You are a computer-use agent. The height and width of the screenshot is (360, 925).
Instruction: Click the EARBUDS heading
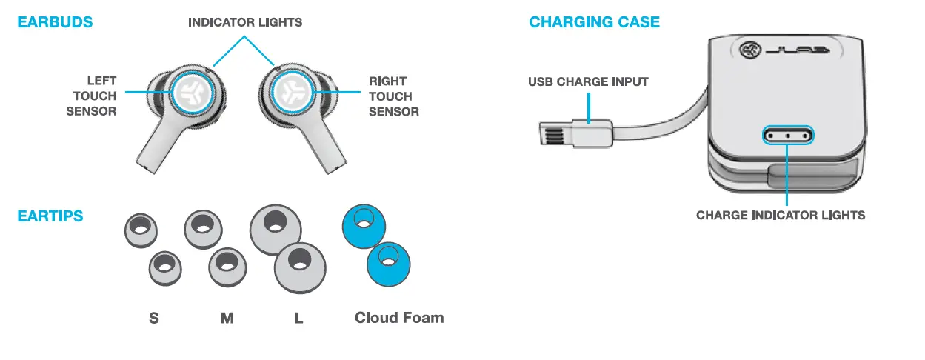click(55, 22)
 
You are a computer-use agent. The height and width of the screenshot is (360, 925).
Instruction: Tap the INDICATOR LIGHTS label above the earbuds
click(245, 22)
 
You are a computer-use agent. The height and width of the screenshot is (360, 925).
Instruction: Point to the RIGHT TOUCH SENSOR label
click(393, 96)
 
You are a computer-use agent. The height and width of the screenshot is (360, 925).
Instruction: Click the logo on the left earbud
click(194, 92)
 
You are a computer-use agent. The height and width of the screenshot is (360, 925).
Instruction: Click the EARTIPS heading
click(50, 216)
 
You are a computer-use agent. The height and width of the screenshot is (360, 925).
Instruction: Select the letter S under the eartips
click(154, 318)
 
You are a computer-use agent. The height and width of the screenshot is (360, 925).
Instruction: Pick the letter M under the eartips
click(227, 318)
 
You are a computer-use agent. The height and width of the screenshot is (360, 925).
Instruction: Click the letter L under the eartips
click(298, 318)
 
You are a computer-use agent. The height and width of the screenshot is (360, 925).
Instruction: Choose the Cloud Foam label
click(399, 318)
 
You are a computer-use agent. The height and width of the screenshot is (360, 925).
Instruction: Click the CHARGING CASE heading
click(594, 22)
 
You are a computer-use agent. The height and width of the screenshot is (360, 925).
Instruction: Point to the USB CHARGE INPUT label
click(588, 81)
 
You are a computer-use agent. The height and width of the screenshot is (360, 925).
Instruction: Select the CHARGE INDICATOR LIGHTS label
click(781, 216)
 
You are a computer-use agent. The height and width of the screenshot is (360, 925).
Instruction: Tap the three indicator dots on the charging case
click(788, 136)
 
